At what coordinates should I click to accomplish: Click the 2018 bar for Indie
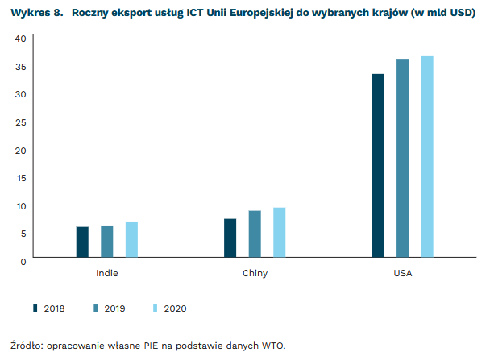(82, 242)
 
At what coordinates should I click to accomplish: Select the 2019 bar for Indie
(107, 242)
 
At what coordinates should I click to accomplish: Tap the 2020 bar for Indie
(131, 240)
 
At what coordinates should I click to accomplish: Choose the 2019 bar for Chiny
(255, 234)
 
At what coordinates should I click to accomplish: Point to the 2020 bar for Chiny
(279, 233)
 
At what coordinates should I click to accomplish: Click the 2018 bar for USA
(378, 166)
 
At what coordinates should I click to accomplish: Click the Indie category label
(106, 273)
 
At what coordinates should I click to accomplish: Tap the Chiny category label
(255, 273)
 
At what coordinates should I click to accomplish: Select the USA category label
(403, 273)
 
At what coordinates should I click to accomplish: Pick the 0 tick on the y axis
(23, 261)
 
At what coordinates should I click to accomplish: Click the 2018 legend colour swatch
(35, 308)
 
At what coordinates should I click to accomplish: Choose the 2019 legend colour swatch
(96, 308)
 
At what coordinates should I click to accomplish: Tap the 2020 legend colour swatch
(156, 308)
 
